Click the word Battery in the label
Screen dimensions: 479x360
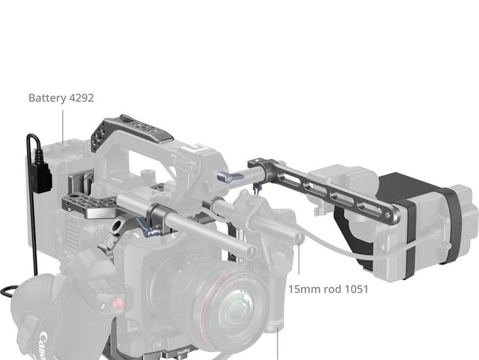[x=47, y=98]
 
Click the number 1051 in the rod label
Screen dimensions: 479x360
[x=356, y=289]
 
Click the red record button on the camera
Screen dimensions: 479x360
[x=117, y=303]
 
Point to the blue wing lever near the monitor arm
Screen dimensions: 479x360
[x=230, y=177]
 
